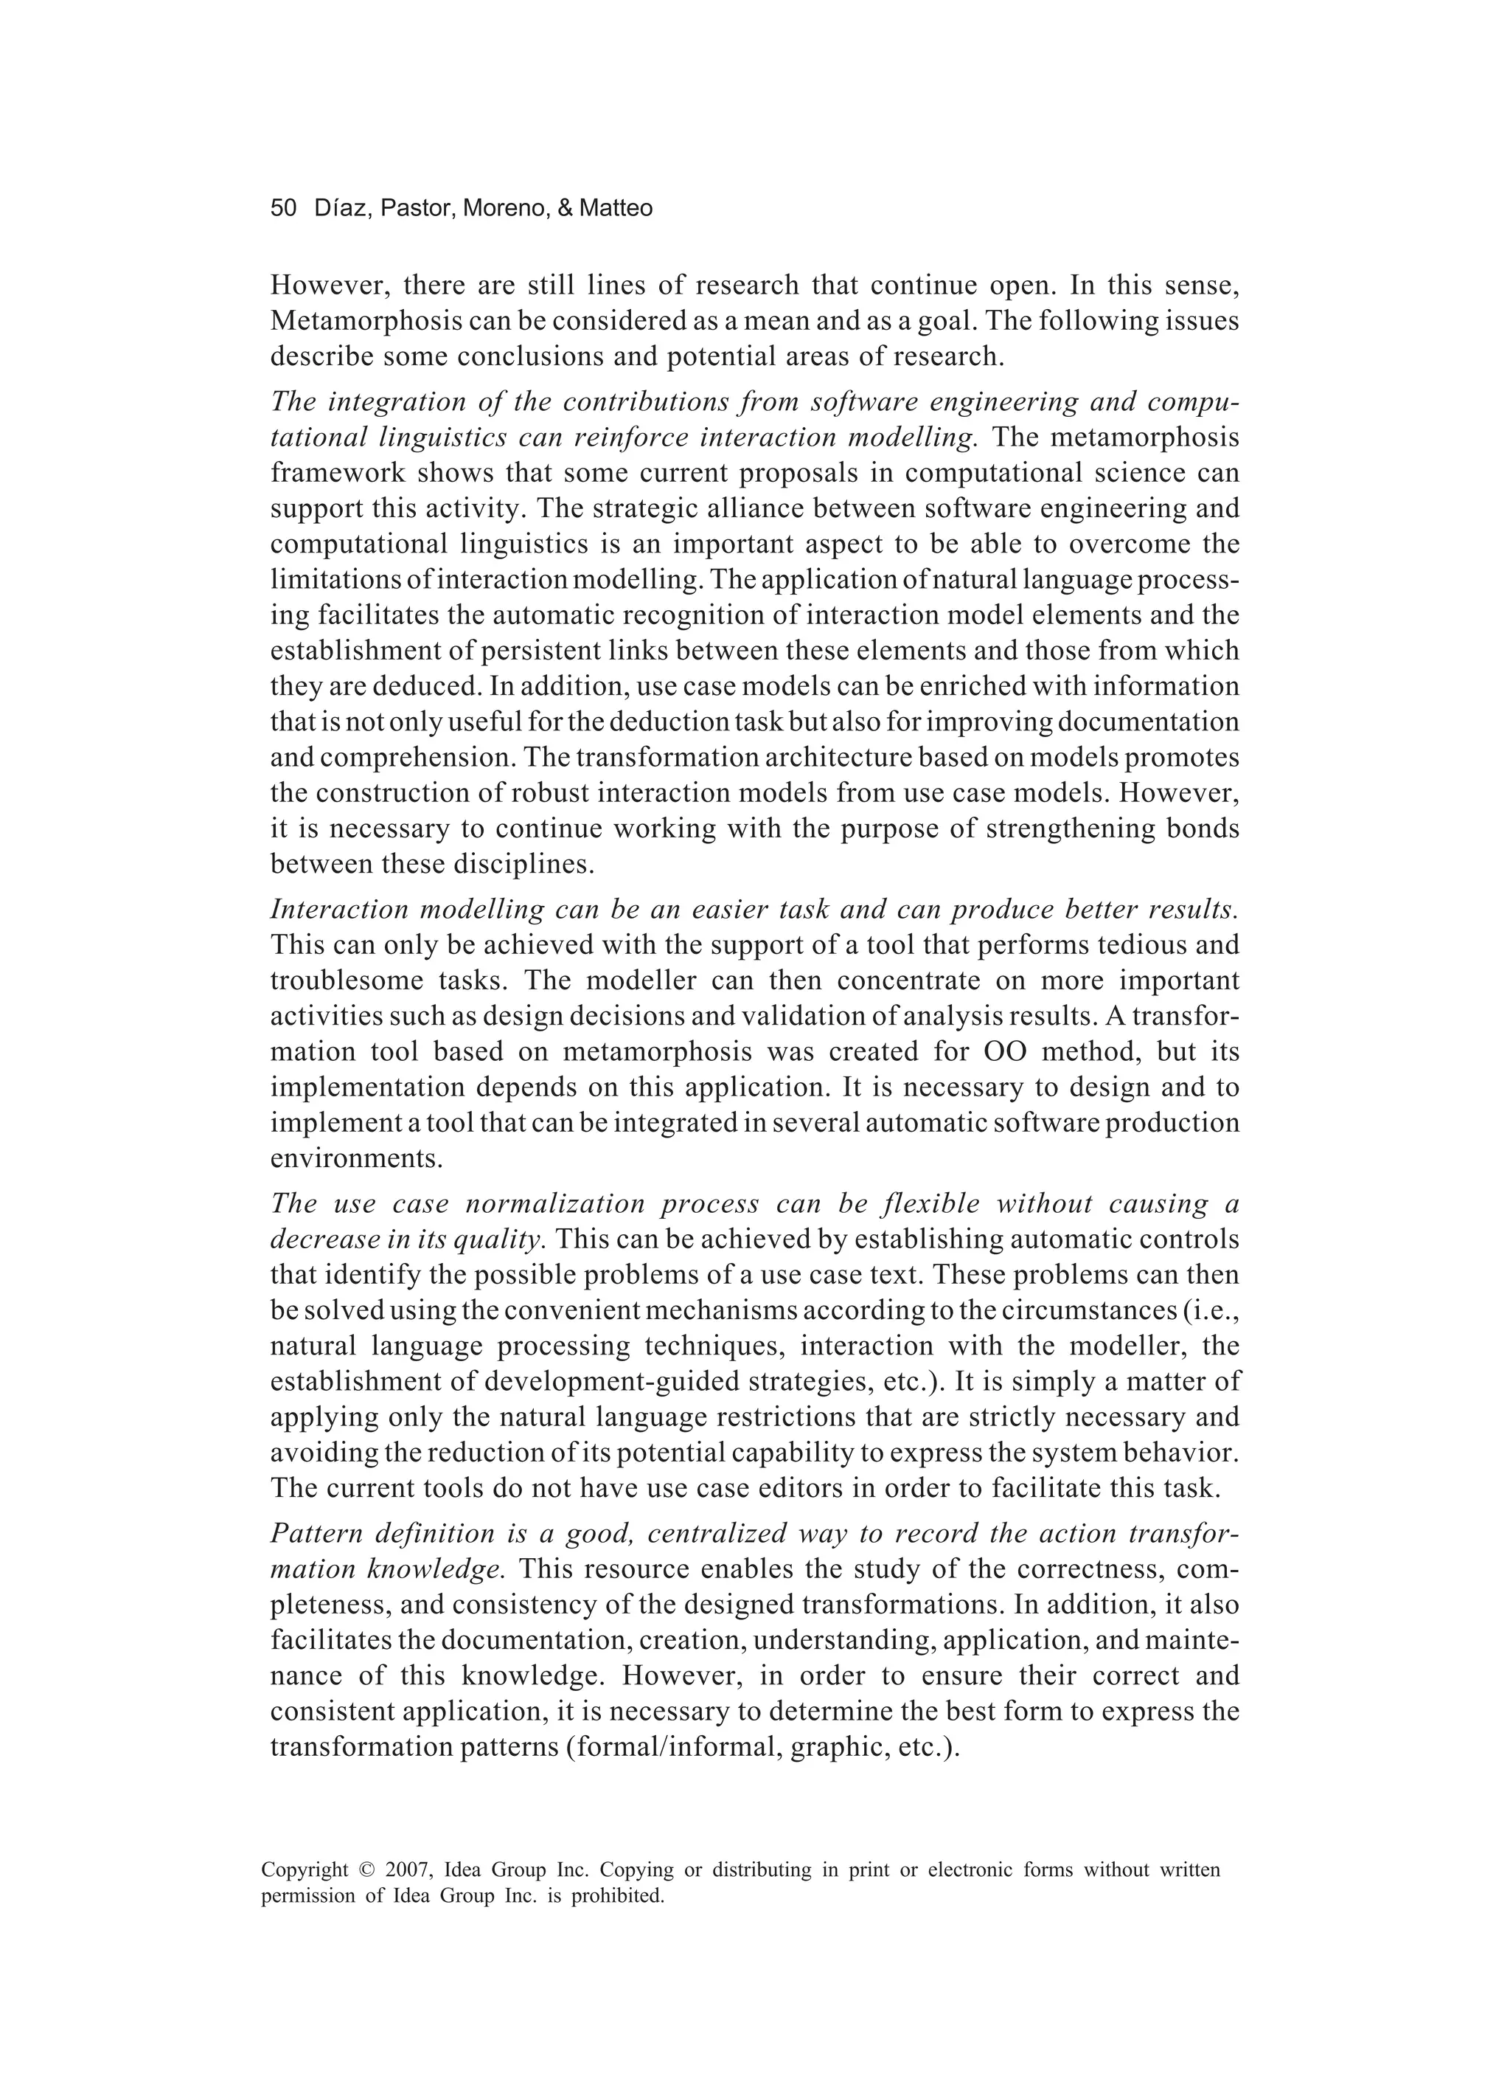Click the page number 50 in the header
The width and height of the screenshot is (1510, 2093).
pyautogui.click(x=283, y=209)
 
